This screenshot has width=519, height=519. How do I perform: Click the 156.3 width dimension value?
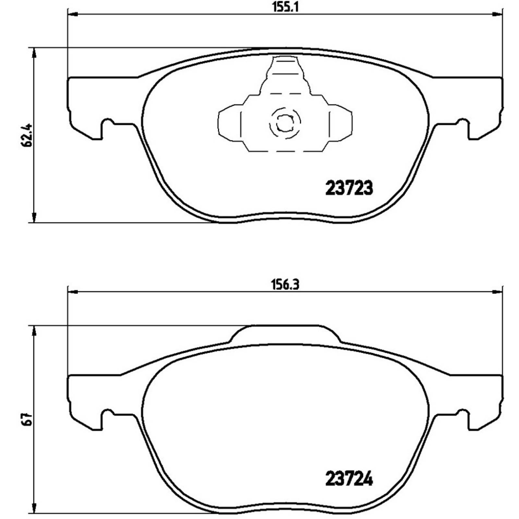tap(285, 285)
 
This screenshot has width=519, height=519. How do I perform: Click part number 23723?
tap(349, 188)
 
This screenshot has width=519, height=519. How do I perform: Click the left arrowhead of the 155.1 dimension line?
tap(73, 14)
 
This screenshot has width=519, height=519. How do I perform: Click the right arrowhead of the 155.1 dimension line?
tap(497, 14)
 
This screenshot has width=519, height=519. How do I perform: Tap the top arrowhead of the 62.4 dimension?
tap(34, 53)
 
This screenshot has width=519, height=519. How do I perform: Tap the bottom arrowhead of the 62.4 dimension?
tap(34, 217)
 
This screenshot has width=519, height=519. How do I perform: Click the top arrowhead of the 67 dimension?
tap(34, 332)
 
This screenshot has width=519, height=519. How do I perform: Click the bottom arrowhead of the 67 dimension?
tap(34, 507)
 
